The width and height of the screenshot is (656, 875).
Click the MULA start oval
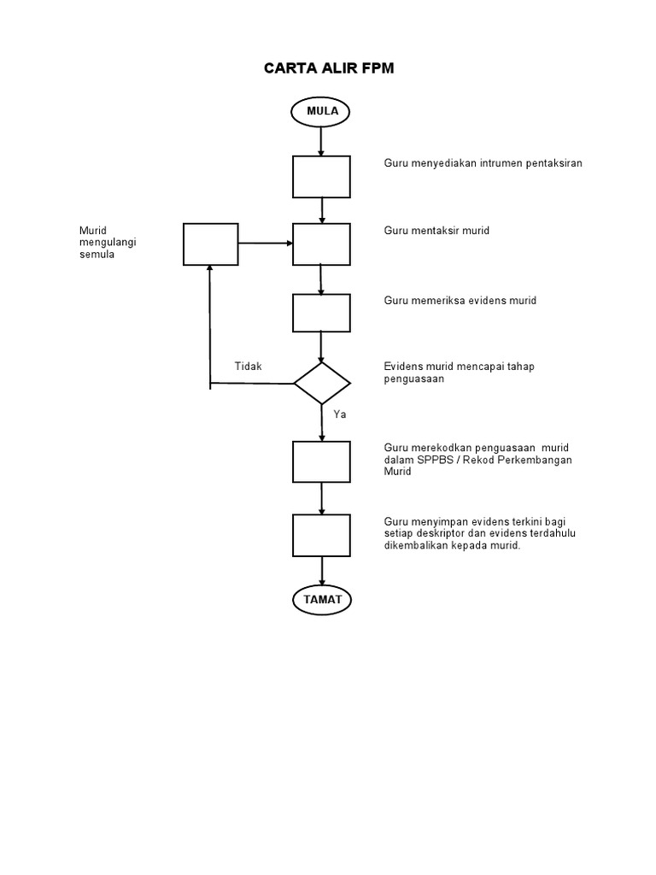pyautogui.click(x=321, y=111)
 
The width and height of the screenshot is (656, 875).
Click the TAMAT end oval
pyautogui.click(x=322, y=600)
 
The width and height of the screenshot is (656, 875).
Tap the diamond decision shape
pyautogui.click(x=322, y=383)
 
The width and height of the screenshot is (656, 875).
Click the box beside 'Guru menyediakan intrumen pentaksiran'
pyautogui.click(x=322, y=177)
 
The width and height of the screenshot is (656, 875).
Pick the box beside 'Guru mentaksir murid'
pyautogui.click(x=322, y=244)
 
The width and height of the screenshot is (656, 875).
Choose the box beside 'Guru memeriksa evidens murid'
pyautogui.click(x=322, y=313)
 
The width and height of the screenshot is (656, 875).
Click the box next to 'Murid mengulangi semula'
pyautogui.click(x=211, y=244)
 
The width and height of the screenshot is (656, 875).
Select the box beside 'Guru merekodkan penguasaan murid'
pyautogui.click(x=322, y=461)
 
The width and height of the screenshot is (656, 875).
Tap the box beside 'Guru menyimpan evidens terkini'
pyautogui.click(x=322, y=536)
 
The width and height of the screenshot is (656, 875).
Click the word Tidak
pyautogui.click(x=249, y=367)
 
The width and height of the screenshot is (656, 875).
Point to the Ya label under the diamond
pyautogui.click(x=340, y=414)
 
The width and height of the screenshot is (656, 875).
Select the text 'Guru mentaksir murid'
pyautogui.click(x=436, y=231)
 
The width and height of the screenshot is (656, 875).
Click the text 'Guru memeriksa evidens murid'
pyautogui.click(x=460, y=301)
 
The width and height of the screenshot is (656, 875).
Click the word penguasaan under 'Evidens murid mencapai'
pyautogui.click(x=414, y=379)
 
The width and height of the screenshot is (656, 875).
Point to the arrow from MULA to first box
pyautogui.click(x=322, y=140)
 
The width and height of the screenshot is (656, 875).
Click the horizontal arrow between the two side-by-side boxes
pyautogui.click(x=266, y=244)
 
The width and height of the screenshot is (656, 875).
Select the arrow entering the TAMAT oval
pyautogui.click(x=322, y=571)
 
